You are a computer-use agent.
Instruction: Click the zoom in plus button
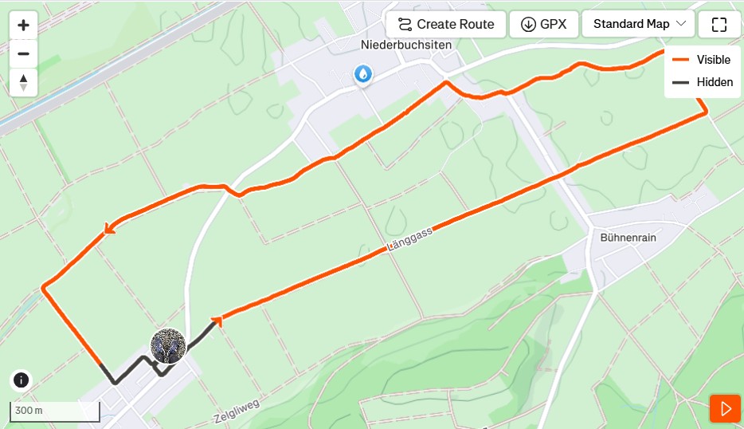[x=23, y=25]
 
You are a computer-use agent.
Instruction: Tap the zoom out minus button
[x=23, y=53]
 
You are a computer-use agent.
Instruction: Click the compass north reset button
[x=23, y=82]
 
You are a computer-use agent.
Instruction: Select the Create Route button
[x=446, y=24]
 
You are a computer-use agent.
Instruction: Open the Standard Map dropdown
[x=639, y=24]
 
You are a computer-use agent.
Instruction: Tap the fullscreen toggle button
[x=719, y=24]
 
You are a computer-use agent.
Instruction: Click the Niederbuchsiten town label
[x=405, y=45]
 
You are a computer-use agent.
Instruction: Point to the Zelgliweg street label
[x=237, y=412]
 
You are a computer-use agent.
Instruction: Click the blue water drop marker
[x=363, y=75]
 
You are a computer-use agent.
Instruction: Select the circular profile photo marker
[x=168, y=346]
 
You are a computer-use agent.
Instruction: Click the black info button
[x=22, y=380]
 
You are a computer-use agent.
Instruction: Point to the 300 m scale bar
[x=54, y=411]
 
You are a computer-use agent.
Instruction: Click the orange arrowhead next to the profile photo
[x=216, y=321]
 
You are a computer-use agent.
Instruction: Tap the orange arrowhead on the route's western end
[x=108, y=230]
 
